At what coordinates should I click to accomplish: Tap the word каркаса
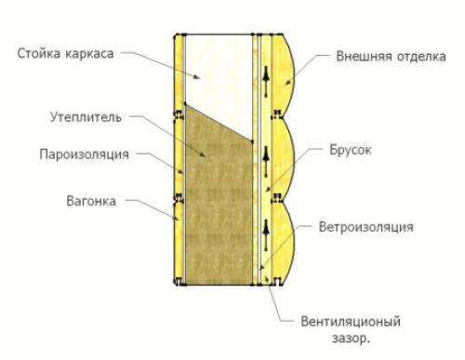pos(92,53)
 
